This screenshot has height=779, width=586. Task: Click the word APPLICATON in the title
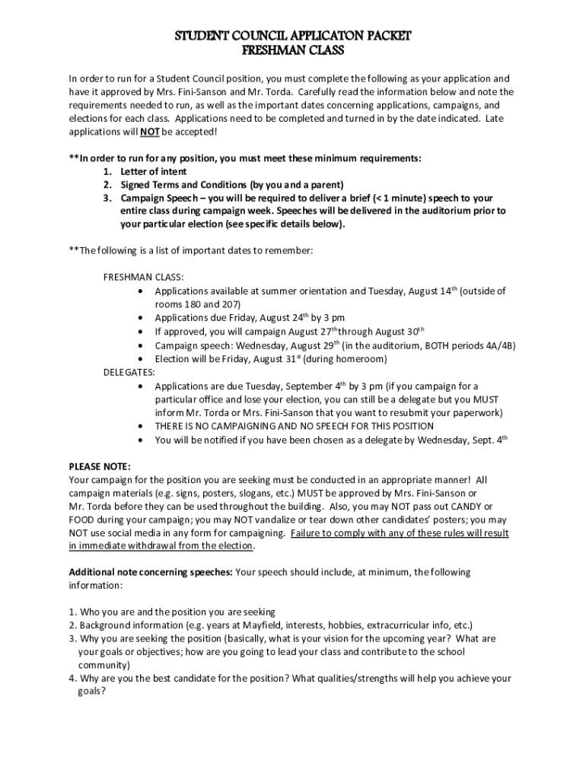click(311, 36)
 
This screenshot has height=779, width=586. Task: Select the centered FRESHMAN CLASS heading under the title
click(293, 51)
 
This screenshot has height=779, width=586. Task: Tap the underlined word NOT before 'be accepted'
click(149, 132)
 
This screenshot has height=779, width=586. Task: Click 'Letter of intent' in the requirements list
click(154, 172)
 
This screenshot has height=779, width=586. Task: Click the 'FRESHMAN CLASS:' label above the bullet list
click(143, 277)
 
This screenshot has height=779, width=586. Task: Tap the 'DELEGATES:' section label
click(129, 372)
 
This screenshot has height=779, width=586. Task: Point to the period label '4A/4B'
click(499, 345)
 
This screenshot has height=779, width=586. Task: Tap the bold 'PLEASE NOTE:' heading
click(100, 466)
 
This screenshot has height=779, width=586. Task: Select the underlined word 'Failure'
click(307, 533)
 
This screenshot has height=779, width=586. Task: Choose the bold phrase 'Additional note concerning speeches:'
click(151, 572)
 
